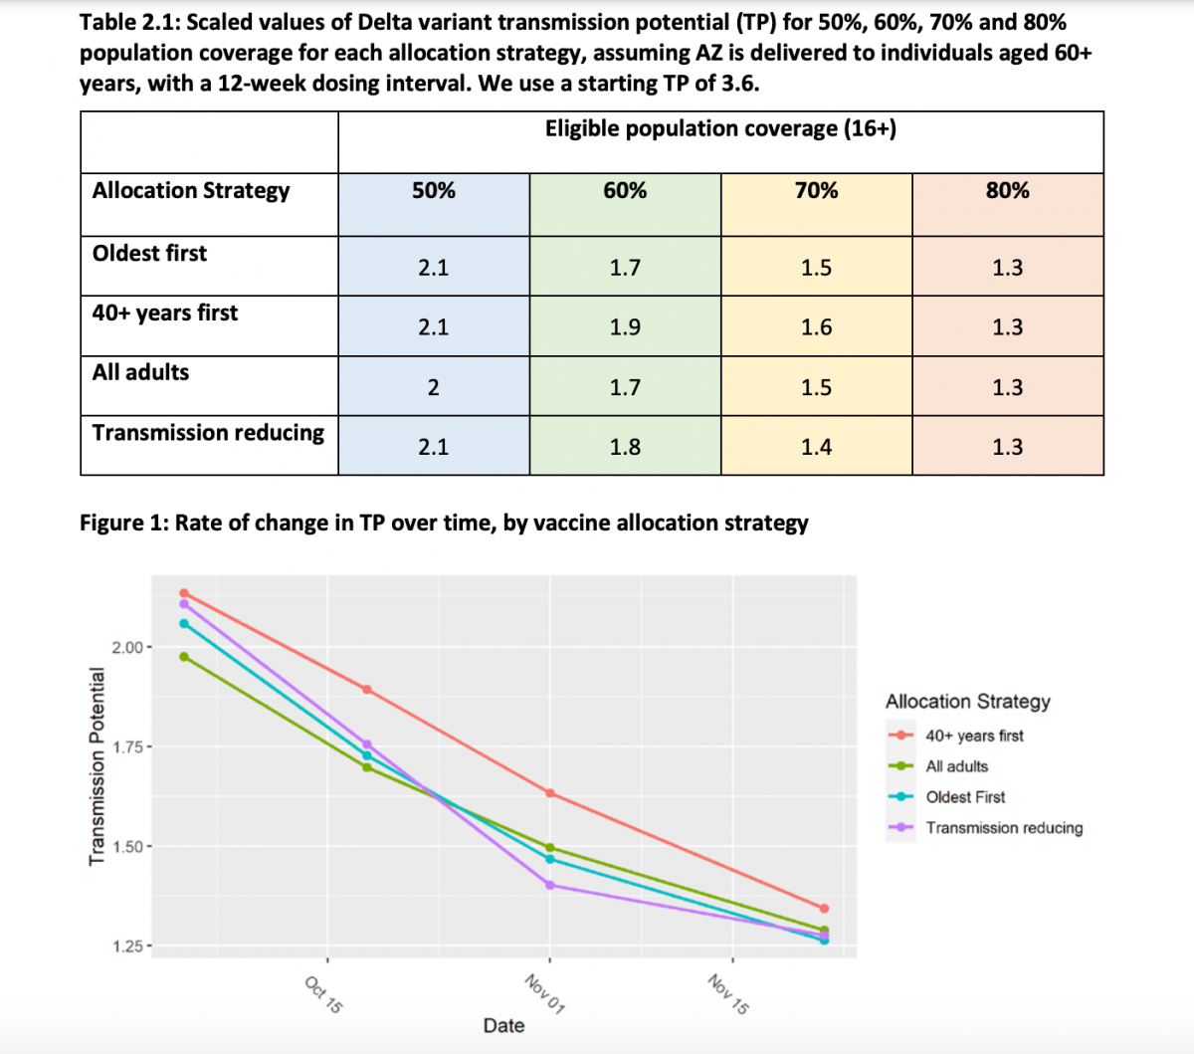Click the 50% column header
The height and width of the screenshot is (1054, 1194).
(434, 191)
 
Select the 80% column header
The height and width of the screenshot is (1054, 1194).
(1007, 191)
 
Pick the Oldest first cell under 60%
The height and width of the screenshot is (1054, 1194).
(625, 268)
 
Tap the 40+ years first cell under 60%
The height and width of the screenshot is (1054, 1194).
(625, 327)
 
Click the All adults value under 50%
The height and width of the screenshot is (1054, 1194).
(434, 387)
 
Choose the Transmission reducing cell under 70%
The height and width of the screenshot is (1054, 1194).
(816, 447)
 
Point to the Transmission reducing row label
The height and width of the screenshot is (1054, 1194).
(208, 433)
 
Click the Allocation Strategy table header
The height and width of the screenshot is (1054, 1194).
(191, 191)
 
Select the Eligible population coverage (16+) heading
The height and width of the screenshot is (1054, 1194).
(720, 129)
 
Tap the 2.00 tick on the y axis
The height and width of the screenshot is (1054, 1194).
(128, 648)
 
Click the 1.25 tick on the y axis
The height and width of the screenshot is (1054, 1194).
(128, 947)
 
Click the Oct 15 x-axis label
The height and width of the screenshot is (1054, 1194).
(323, 994)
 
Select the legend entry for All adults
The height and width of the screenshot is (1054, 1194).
(956, 766)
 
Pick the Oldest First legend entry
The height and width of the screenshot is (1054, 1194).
(965, 797)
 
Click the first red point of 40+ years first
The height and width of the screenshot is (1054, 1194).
(184, 593)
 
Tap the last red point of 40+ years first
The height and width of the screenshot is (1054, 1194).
(824, 909)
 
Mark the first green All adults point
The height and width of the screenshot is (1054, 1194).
(184, 657)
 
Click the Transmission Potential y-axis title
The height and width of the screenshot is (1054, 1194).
(98, 766)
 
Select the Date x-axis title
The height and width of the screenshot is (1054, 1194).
(503, 1026)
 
